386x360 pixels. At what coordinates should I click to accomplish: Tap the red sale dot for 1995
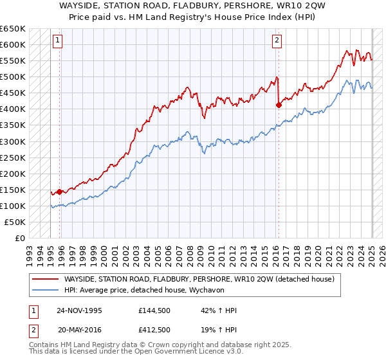[x=59, y=191]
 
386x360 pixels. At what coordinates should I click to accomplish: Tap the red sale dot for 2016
[x=279, y=105]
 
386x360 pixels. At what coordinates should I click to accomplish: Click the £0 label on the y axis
[x=20, y=238]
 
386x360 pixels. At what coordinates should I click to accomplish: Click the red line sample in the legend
[x=45, y=280]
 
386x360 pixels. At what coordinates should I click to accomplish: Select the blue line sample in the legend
[x=45, y=291]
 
